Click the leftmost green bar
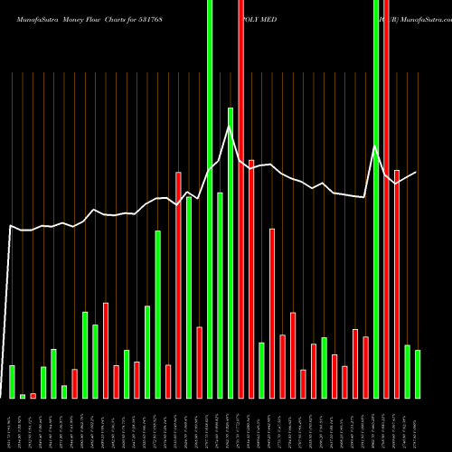pyautogui.click(x=12, y=381)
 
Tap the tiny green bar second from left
pyautogui.click(x=23, y=396)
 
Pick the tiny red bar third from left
pyautogui.click(x=33, y=395)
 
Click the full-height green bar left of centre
pyautogui.click(x=210, y=199)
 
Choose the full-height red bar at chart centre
pyautogui.click(x=241, y=199)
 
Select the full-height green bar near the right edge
pyautogui.click(x=376, y=199)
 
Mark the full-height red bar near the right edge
pyautogui.click(x=386, y=199)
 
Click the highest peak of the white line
pyautogui.click(x=231, y=127)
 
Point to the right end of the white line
pyautogui.click(x=417, y=172)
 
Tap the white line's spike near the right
pyautogui.click(x=375, y=146)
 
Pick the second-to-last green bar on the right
pyautogui.click(x=407, y=372)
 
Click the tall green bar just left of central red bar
pyautogui.click(x=231, y=253)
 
